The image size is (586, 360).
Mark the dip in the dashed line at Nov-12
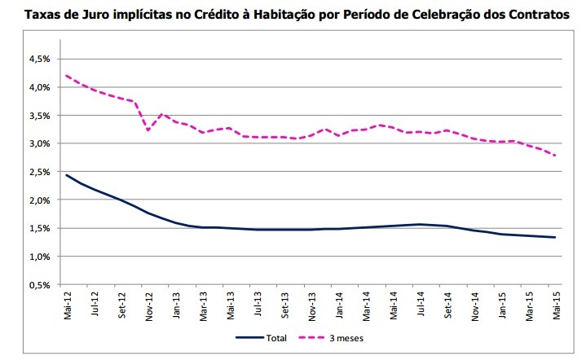pyautogui.click(x=148, y=130)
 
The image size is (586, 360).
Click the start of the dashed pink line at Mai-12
pyautogui.click(x=67, y=76)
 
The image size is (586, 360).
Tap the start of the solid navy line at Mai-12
pyautogui.click(x=67, y=174)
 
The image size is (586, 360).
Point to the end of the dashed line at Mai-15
pyautogui.click(x=556, y=156)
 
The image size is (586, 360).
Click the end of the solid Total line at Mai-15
pyautogui.click(x=556, y=237)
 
